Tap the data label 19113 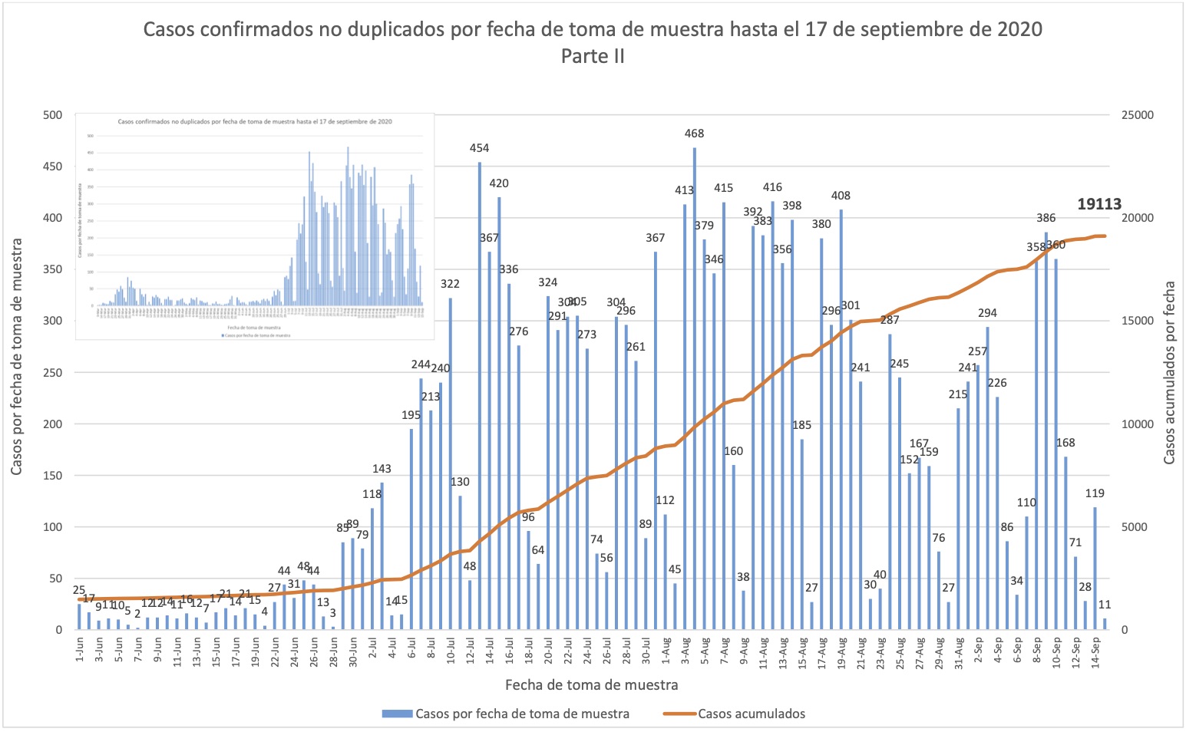[1099, 204]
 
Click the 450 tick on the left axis [53, 167]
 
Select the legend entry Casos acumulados [752, 714]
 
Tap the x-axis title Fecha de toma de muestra [592, 684]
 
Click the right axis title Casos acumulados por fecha [1170, 372]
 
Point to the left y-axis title [17, 356]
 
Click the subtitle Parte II [593, 56]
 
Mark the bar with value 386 [1046, 430]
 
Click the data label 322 [450, 284]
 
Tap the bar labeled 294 [987, 477]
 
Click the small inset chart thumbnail [255, 226]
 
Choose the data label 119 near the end [1095, 493]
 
